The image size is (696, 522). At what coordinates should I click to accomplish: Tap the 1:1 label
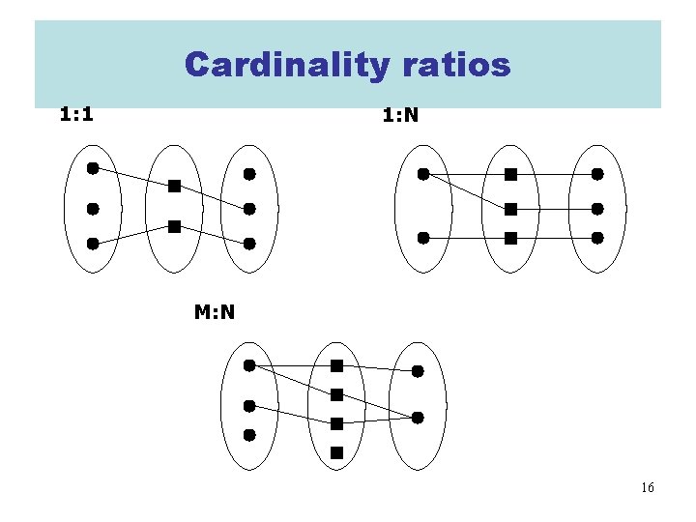coord(76,115)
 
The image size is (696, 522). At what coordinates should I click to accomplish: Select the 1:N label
coord(399,116)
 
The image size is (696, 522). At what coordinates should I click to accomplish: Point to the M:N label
coord(215,311)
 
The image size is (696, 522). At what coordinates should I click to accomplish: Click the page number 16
coord(647,487)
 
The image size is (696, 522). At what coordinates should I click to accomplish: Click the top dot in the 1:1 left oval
coord(93,168)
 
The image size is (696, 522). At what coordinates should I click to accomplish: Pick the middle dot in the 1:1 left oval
coord(93,208)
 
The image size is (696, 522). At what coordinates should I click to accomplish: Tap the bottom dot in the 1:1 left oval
coord(93,244)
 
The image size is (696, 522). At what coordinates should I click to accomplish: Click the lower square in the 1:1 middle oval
coord(173,226)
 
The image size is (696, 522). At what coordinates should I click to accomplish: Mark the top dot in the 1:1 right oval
coord(249,175)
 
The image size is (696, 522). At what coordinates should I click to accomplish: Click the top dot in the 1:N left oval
coord(423,175)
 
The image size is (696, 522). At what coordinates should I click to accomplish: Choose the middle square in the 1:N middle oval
coord(510,209)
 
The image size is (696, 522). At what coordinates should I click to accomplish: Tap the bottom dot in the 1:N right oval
coord(597,237)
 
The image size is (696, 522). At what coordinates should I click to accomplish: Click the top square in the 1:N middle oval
coord(510,175)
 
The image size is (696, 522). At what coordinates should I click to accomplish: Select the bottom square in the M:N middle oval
coord(336,451)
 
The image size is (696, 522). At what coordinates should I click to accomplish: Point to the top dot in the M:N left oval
coord(249,365)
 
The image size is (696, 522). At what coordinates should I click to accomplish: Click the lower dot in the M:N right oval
coord(418,418)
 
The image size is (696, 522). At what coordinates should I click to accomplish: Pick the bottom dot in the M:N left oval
coord(249,435)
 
